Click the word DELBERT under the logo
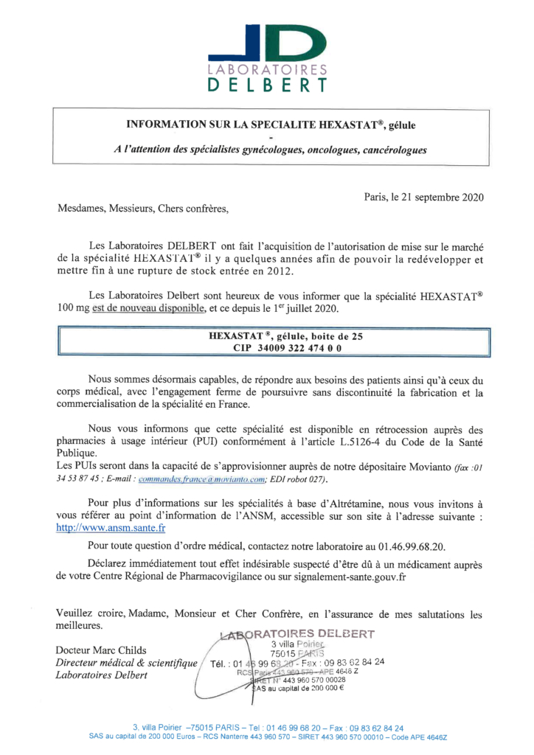pyautogui.click(x=267, y=84)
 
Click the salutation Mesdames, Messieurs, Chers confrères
pyautogui.click(x=143, y=209)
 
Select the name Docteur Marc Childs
pyautogui.click(x=101, y=650)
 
